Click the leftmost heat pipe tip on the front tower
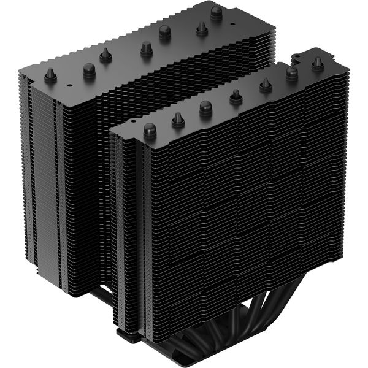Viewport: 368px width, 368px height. (x=149, y=130)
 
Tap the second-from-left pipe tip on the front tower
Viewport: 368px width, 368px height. (x=178, y=118)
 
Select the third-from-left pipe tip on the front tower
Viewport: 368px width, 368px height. (x=205, y=107)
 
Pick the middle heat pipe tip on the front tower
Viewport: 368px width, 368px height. (x=236, y=96)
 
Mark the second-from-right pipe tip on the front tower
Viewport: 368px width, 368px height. (x=291, y=73)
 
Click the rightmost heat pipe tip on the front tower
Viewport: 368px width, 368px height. (x=317, y=62)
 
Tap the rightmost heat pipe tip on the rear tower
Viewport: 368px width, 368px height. (x=216, y=11)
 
